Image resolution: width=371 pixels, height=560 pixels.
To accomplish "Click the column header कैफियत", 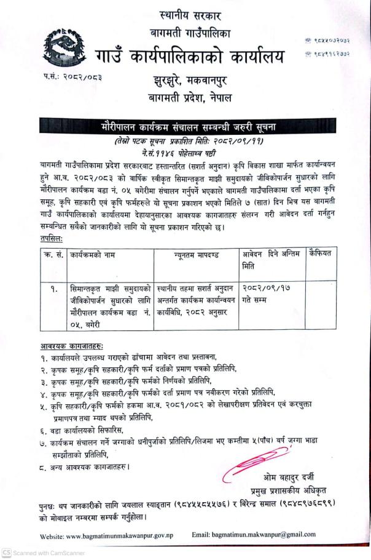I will pyautogui.click(x=321, y=252).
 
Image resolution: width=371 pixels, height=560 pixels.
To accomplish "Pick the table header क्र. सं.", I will pyautogui.click(x=52, y=252).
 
